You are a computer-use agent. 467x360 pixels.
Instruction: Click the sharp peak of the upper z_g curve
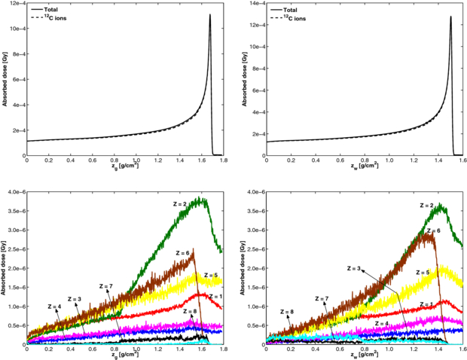point(210,15)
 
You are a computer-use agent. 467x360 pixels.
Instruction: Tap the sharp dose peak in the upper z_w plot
point(450,17)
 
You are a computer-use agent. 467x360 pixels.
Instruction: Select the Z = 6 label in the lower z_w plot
point(434,231)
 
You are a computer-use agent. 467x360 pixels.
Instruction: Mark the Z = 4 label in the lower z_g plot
point(56,306)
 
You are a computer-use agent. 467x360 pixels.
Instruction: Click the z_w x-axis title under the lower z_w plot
point(367,356)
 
